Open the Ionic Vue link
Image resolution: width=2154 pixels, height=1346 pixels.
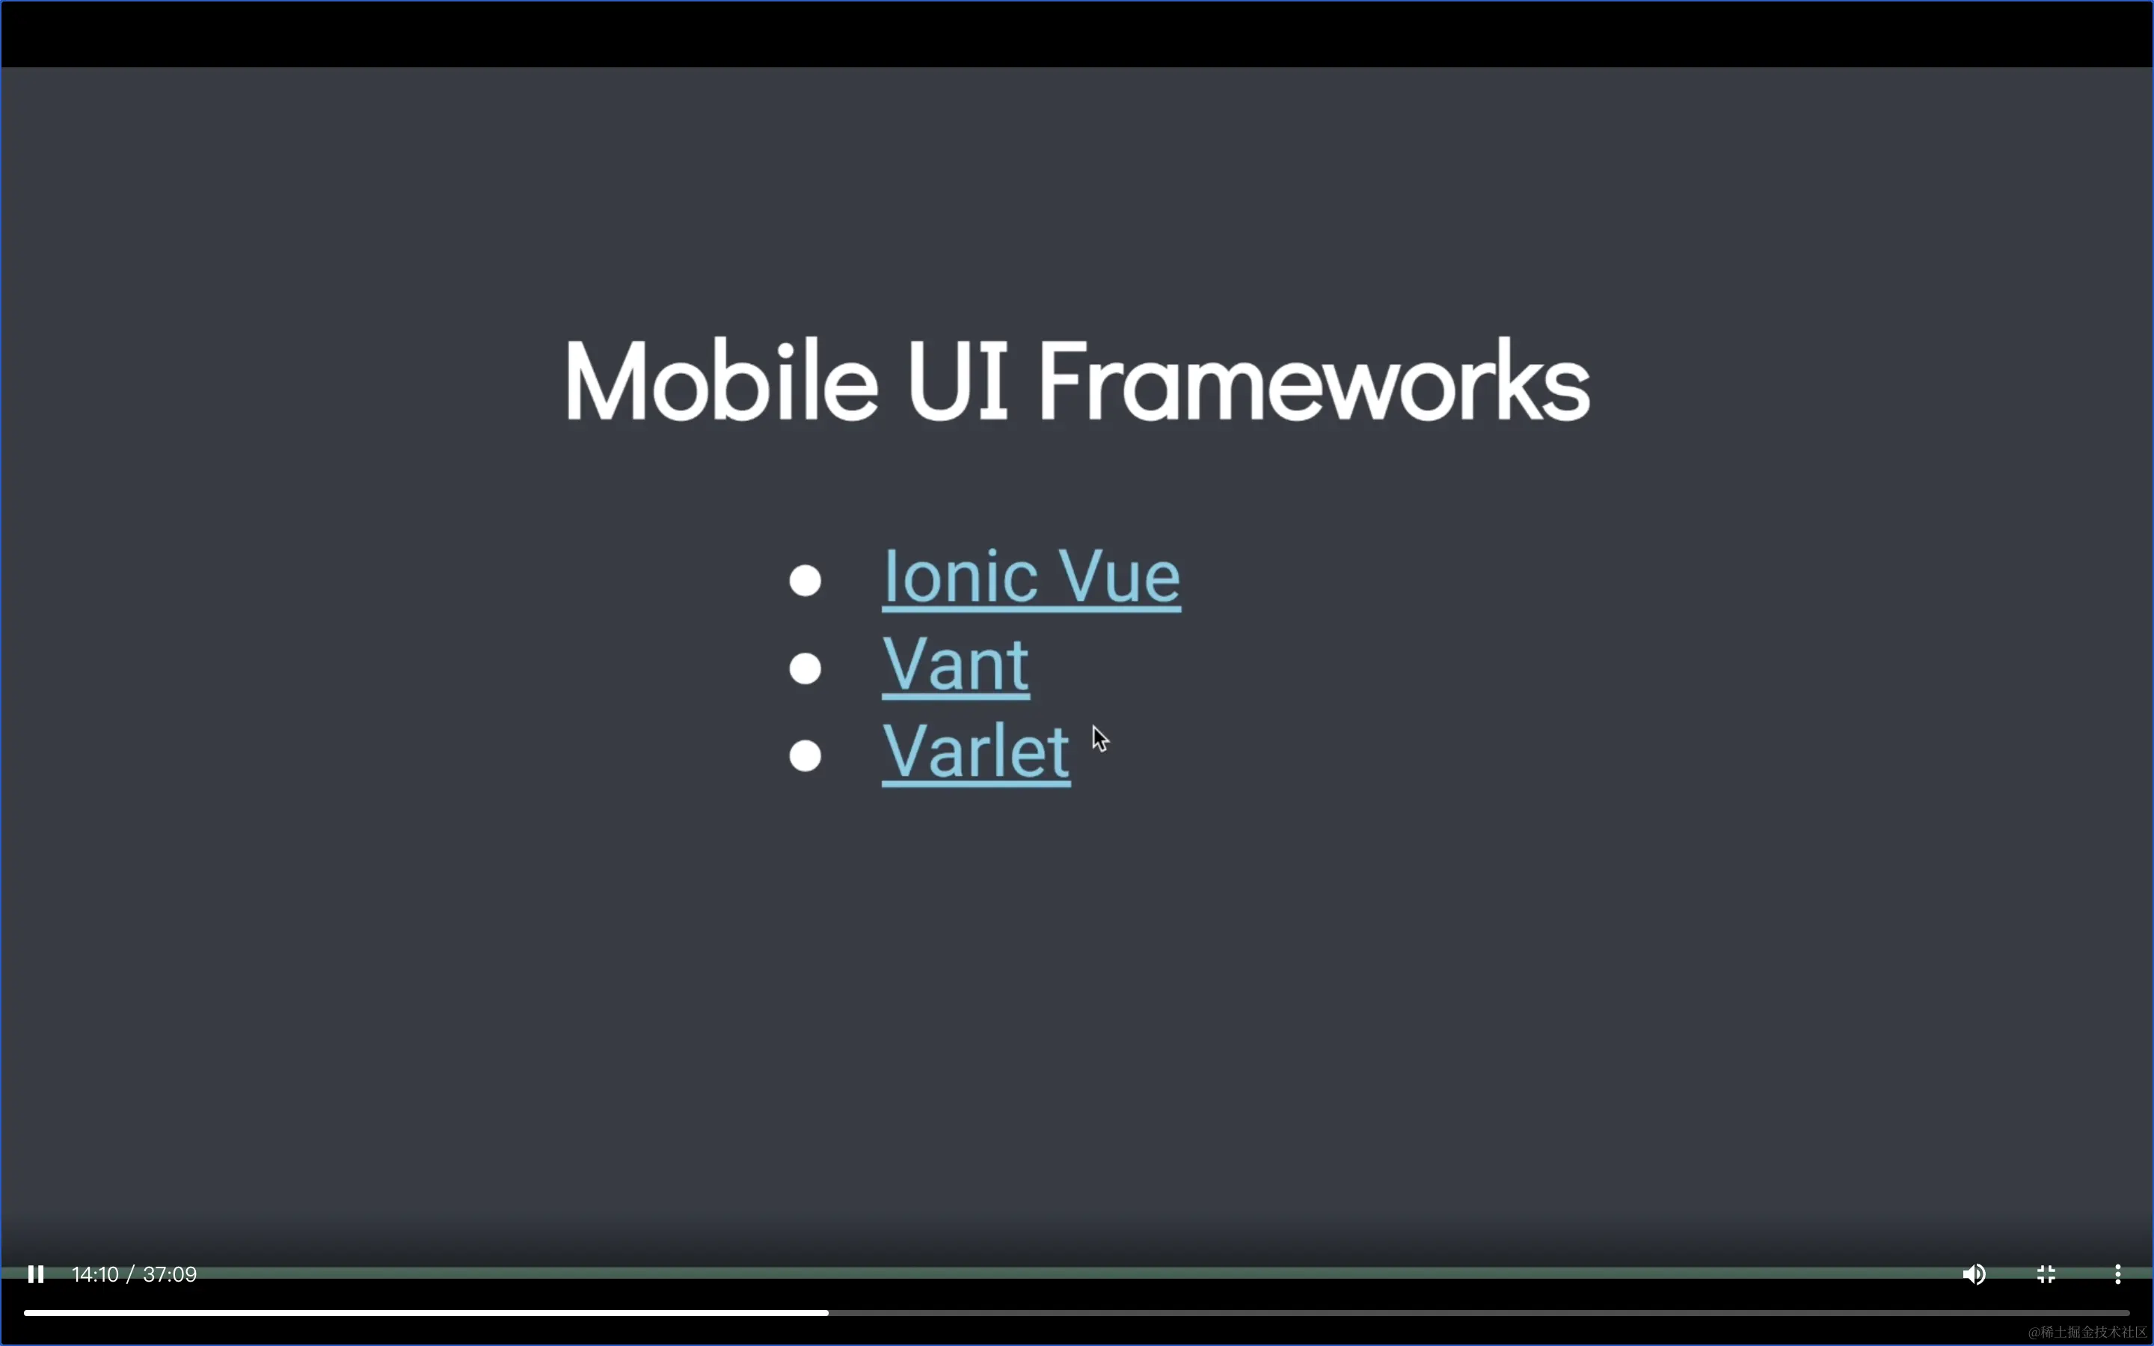pyautogui.click(x=1031, y=578)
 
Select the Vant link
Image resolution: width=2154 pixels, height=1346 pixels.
pyautogui.click(x=956, y=665)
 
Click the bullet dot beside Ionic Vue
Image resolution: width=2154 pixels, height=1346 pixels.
pyautogui.click(x=805, y=580)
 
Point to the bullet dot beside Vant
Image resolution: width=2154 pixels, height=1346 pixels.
pyautogui.click(x=805, y=668)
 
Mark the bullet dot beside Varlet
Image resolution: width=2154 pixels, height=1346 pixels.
pyautogui.click(x=805, y=755)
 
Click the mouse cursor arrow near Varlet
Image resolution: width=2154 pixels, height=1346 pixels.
pyautogui.click(x=1099, y=738)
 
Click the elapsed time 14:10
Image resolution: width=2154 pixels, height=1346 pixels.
pyautogui.click(x=95, y=1275)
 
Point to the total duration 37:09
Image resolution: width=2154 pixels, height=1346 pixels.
pyautogui.click(x=169, y=1275)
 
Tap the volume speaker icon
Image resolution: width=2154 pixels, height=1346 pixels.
pyautogui.click(x=1973, y=1275)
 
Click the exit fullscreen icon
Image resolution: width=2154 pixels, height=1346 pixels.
pyautogui.click(x=2046, y=1275)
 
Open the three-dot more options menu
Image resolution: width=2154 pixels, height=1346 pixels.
pyautogui.click(x=2118, y=1275)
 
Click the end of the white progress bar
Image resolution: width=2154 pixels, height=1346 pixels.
pyautogui.click(x=828, y=1313)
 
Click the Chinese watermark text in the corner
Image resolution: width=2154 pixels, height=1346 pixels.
pyautogui.click(x=2087, y=1332)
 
